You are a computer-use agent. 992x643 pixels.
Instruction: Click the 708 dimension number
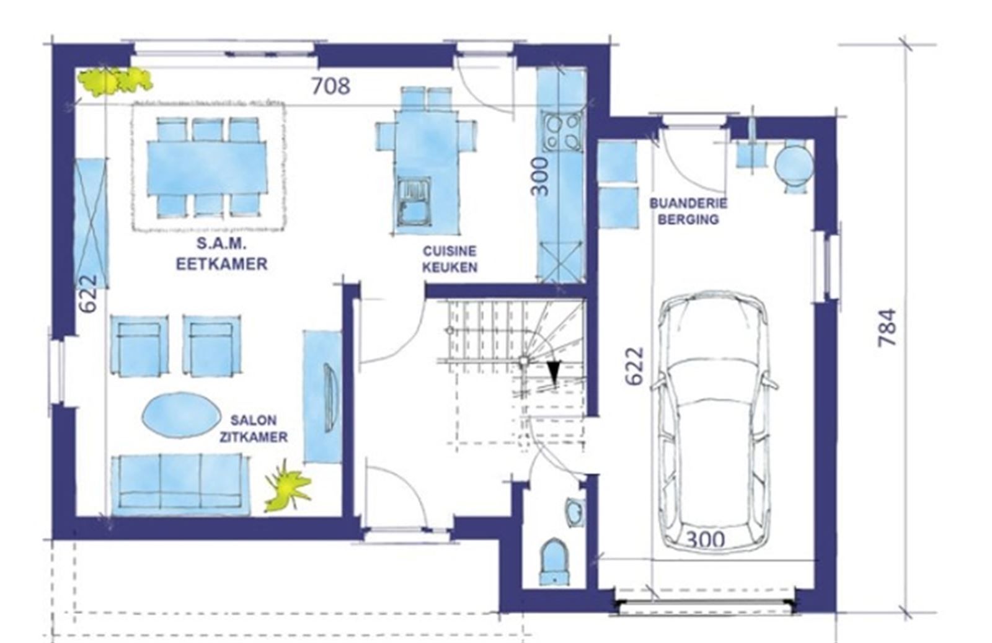click(x=331, y=86)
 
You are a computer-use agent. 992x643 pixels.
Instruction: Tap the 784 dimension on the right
click(x=887, y=327)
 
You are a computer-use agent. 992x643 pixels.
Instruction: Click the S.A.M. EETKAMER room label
click(x=222, y=254)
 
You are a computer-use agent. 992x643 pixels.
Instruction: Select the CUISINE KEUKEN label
click(x=449, y=259)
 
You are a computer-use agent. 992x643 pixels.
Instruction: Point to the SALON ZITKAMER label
click(x=254, y=428)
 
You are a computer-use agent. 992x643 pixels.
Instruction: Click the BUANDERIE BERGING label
click(x=688, y=211)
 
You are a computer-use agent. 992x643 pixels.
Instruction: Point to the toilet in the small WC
click(x=554, y=561)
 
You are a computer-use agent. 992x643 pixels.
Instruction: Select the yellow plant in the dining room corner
click(x=114, y=82)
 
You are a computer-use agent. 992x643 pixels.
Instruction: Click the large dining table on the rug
click(x=207, y=168)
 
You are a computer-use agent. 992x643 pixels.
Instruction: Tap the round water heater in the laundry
click(x=794, y=165)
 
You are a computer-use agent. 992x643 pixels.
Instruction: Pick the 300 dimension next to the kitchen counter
click(x=540, y=176)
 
